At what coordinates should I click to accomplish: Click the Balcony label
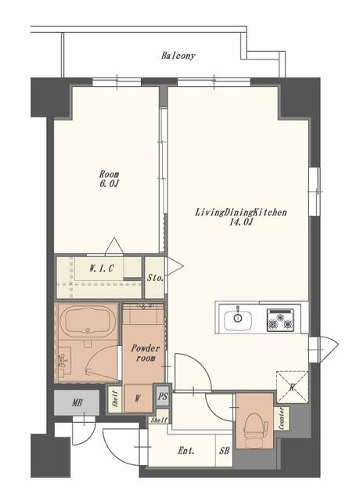(178, 56)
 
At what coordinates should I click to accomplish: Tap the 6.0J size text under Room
(110, 184)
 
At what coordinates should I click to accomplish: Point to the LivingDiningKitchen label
(241, 212)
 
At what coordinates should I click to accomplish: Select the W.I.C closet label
(101, 269)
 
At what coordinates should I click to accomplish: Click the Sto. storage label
(155, 278)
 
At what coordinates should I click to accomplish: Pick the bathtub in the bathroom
(88, 323)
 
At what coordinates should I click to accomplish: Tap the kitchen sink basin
(238, 319)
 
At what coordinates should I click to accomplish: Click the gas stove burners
(280, 320)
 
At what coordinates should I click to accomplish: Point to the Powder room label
(146, 353)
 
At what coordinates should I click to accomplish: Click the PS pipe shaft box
(163, 397)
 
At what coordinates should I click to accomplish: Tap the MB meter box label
(77, 403)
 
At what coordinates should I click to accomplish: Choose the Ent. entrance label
(186, 451)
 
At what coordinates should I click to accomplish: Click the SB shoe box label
(225, 451)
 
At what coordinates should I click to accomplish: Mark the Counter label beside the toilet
(282, 419)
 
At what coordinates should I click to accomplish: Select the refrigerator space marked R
(292, 387)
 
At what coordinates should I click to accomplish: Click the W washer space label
(138, 398)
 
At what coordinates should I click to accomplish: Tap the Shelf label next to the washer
(117, 399)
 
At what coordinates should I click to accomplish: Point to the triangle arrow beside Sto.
(174, 265)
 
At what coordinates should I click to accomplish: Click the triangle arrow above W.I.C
(114, 247)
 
